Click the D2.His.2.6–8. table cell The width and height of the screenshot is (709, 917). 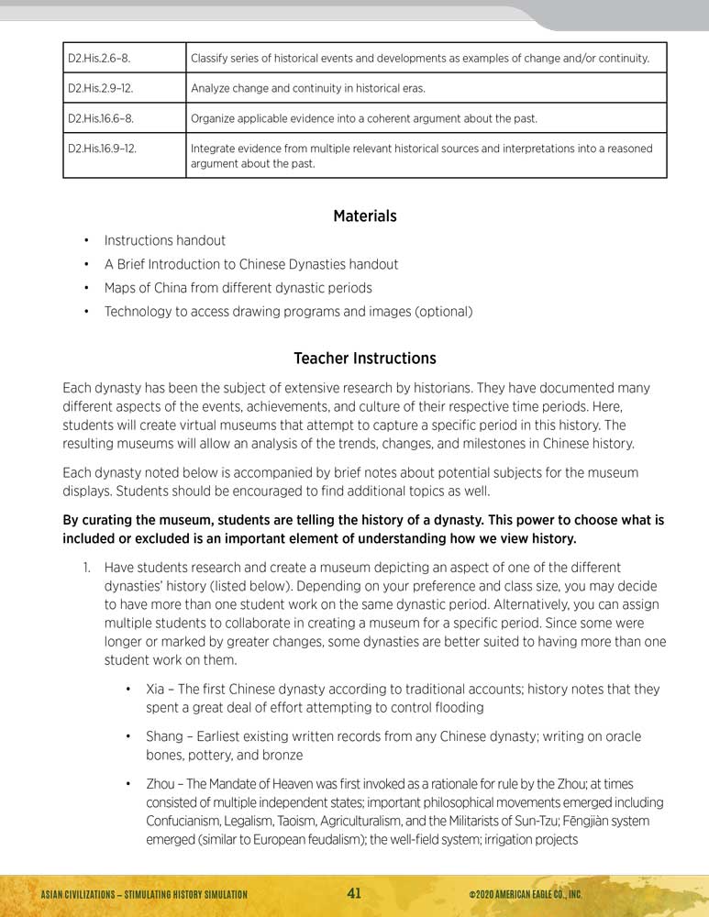pyautogui.click(x=99, y=59)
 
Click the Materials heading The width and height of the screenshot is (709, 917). pyautogui.click(x=365, y=216)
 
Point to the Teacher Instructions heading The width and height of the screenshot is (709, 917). pyautogui.click(x=365, y=358)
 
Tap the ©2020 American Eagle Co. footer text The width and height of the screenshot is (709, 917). pyautogui.click(x=525, y=894)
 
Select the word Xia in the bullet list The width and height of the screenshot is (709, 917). pyautogui.click(x=157, y=689)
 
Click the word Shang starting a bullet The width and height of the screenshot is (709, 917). pyautogui.click(x=165, y=736)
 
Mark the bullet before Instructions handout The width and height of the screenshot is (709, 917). pyautogui.click(x=85, y=240)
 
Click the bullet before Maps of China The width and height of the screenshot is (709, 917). pyautogui.click(x=85, y=288)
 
